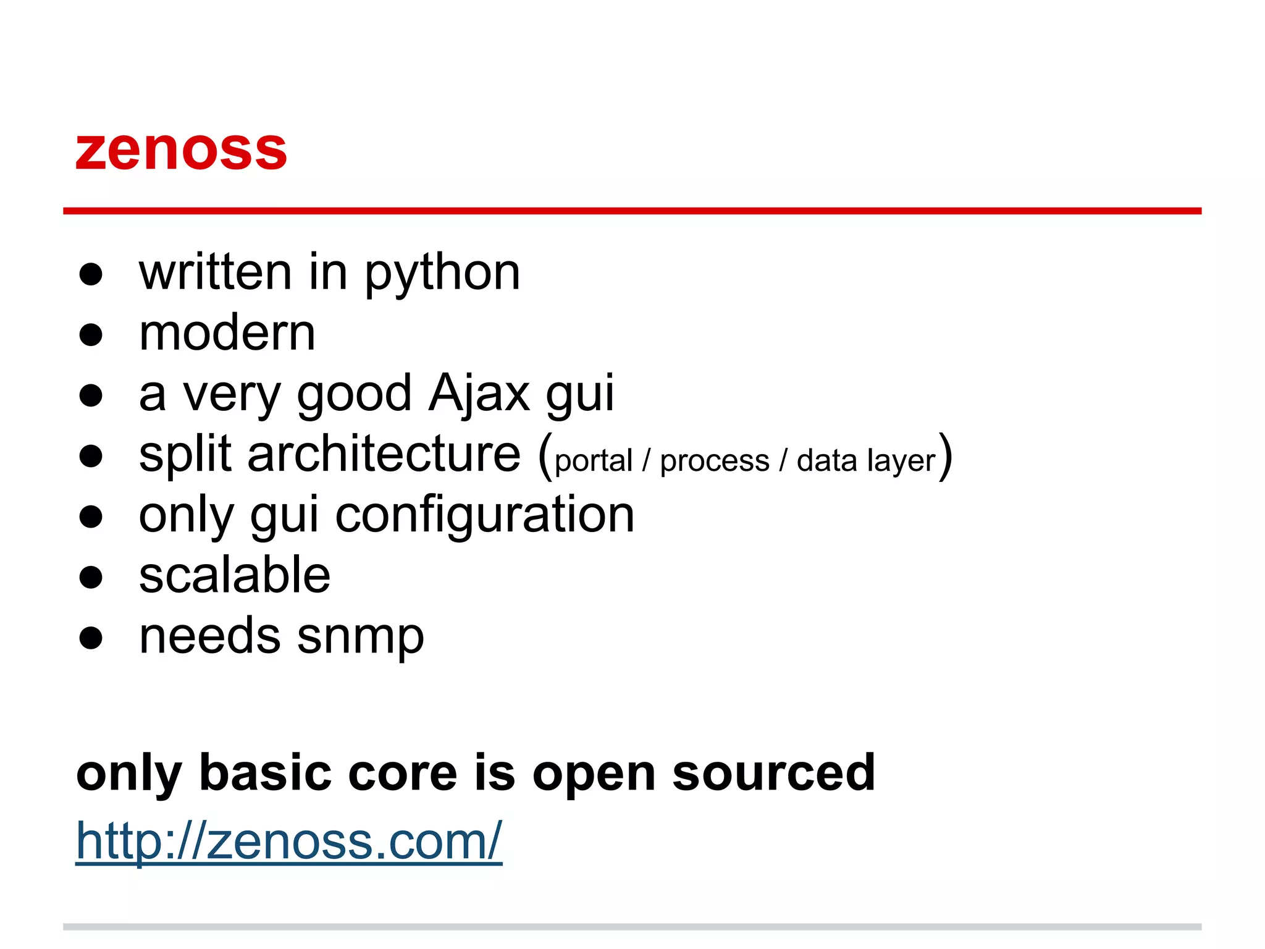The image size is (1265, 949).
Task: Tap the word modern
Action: [227, 334]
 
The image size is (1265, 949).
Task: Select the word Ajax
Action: [479, 394]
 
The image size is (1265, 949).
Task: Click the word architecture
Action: [384, 454]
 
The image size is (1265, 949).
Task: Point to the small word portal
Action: [594, 461]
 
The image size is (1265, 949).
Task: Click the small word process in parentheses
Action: [715, 461]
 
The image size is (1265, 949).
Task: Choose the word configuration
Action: [485, 515]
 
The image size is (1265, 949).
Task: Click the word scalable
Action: [235, 575]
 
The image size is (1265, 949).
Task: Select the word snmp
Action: [360, 636]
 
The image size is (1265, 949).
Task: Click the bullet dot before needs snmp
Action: [91, 638]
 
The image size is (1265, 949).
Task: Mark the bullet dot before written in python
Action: [91, 274]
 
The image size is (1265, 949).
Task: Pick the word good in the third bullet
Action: [354, 394]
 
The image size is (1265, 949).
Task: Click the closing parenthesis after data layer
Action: [945, 456]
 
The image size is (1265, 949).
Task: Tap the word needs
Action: [209, 636]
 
